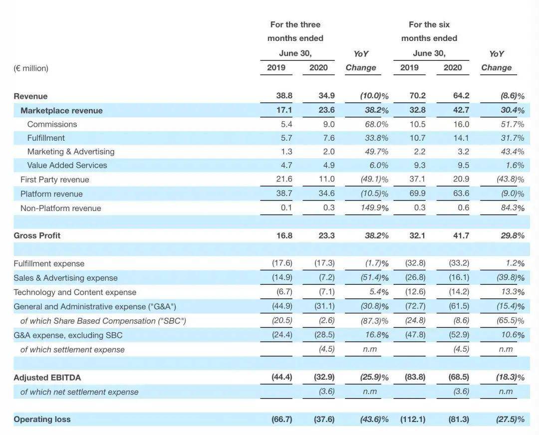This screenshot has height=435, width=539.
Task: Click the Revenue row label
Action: point(30,96)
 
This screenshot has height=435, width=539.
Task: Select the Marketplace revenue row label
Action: point(61,111)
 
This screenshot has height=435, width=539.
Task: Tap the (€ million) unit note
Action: point(31,68)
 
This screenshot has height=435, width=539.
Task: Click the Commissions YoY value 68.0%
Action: point(376,124)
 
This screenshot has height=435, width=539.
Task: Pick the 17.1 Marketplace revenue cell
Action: point(284,110)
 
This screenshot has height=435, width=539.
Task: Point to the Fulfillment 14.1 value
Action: point(461,138)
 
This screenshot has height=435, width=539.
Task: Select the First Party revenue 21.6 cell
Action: point(284,179)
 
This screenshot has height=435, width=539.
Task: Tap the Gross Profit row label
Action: point(37,236)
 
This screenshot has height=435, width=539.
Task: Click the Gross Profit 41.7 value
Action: point(461,236)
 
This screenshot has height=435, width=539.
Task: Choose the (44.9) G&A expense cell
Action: point(282,306)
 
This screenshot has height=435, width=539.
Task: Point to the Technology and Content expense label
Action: point(75,292)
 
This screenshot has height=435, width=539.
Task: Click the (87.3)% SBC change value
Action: point(374,321)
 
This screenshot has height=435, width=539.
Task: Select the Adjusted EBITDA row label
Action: point(47,378)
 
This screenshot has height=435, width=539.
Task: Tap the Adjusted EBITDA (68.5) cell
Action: point(459,377)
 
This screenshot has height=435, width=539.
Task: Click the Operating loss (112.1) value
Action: point(413,419)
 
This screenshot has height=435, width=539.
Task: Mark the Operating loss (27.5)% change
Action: point(510,419)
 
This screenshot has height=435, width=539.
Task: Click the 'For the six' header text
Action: point(429,25)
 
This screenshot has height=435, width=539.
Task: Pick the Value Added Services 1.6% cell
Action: point(515,165)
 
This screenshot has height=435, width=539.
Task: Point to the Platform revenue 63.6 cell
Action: point(461,194)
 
